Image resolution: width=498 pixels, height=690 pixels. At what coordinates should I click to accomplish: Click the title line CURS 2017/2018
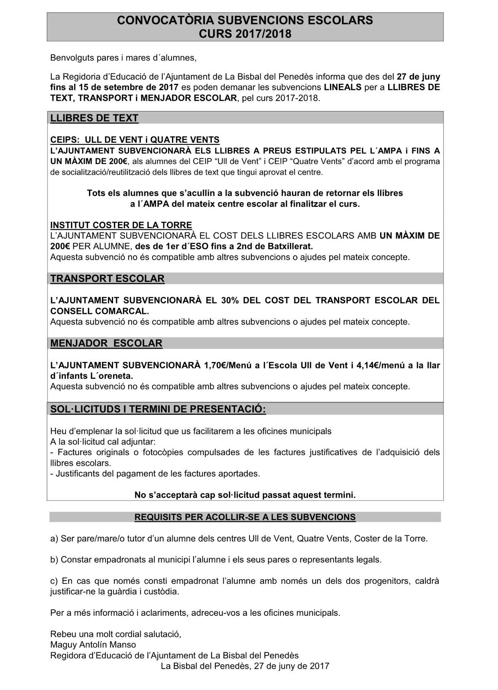tap(245, 34)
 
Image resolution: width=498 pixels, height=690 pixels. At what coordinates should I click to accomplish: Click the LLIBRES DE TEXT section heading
tap(94, 118)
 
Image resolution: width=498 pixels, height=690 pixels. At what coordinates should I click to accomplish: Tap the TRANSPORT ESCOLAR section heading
tap(107, 279)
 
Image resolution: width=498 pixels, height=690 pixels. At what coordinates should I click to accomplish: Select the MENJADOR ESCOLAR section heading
tap(106, 343)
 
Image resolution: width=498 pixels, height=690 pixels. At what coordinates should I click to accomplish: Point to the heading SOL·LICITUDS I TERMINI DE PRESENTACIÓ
tap(158, 409)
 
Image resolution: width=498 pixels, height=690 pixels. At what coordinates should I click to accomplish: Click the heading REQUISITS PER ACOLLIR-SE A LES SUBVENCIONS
tap(245, 517)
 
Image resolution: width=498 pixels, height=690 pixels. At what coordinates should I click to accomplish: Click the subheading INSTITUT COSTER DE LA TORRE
tap(121, 225)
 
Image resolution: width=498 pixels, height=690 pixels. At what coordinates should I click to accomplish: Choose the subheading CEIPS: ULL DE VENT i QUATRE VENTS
tap(135, 140)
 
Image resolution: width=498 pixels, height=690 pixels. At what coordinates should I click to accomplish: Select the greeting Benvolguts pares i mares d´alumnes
tap(123, 58)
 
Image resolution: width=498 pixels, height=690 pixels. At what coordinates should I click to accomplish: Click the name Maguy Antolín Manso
tap(93, 645)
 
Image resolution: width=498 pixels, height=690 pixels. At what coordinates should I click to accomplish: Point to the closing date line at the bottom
tap(245, 666)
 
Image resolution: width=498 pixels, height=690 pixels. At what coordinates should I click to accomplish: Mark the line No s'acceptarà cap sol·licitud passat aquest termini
tap(245, 495)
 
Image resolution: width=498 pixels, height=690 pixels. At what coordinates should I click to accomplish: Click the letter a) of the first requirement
tap(54, 538)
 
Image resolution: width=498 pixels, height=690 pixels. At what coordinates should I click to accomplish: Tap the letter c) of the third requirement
tap(54, 581)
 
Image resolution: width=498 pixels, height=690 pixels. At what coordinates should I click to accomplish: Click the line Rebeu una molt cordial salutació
tap(115, 634)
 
